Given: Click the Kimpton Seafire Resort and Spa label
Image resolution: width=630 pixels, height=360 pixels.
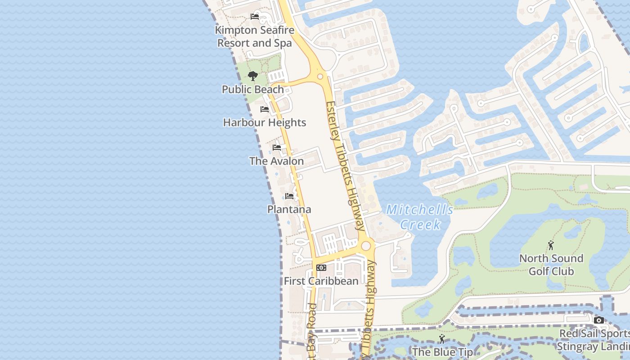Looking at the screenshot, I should click(x=255, y=37).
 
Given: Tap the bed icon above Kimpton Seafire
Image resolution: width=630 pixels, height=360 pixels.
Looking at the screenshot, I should click(x=255, y=17).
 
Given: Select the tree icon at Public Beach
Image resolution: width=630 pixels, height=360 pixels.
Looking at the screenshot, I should click(x=253, y=76).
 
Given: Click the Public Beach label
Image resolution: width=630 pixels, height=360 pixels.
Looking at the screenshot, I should click(x=253, y=89).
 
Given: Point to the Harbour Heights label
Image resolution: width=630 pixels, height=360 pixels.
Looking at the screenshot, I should click(x=265, y=122).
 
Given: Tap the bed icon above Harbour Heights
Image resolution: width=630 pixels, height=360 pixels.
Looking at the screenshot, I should click(x=265, y=109).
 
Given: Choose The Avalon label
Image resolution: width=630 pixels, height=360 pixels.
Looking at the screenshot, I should click(x=277, y=161).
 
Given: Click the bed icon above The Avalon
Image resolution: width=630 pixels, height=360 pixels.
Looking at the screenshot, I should click(x=277, y=147).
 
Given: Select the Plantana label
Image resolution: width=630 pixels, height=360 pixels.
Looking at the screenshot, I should click(x=289, y=209).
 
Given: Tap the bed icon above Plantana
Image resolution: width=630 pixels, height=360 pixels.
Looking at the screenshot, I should click(x=289, y=196).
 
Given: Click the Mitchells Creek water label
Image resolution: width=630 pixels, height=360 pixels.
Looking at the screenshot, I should click(x=420, y=217).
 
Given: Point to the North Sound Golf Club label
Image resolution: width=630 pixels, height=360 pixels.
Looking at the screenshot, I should click(x=551, y=265).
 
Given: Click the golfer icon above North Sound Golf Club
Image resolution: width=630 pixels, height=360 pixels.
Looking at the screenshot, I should click(x=551, y=245).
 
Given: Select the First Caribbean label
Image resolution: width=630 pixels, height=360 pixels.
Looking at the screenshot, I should click(x=321, y=281).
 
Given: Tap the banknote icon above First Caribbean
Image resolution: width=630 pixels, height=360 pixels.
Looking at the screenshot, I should click(x=321, y=267).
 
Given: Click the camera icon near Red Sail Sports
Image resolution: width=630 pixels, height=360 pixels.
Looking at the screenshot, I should click(x=599, y=320).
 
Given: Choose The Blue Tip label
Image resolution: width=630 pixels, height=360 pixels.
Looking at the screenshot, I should click(x=442, y=352).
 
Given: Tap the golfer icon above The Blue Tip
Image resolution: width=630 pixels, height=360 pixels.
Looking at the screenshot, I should click(x=442, y=339).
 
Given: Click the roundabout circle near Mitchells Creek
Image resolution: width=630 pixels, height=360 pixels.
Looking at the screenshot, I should click(x=366, y=246).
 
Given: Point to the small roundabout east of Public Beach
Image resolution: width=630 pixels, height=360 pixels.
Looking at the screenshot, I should click(x=320, y=76).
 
